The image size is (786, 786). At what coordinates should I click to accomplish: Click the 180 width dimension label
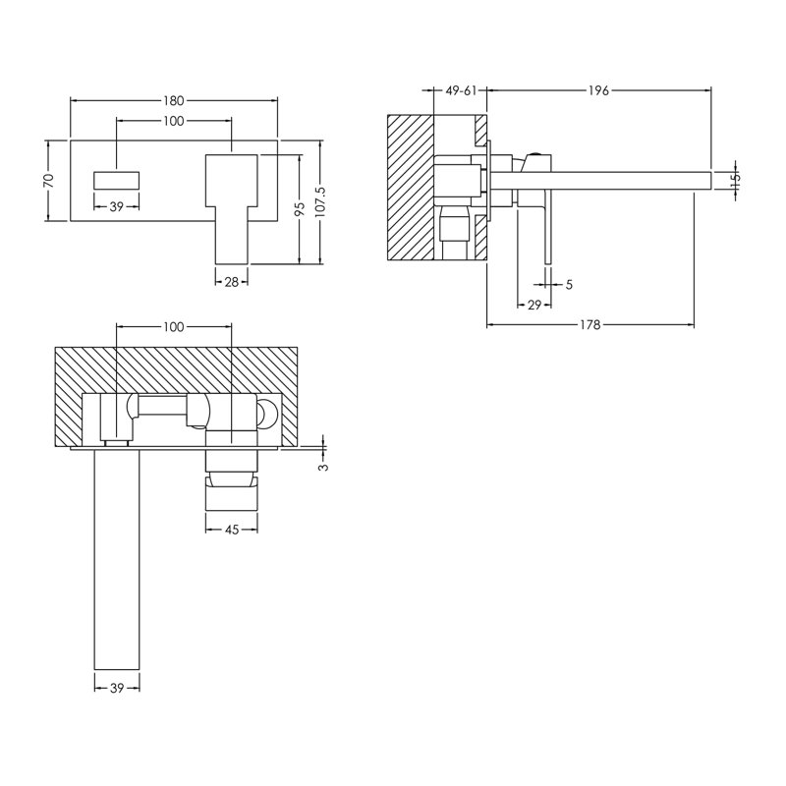coord(174,101)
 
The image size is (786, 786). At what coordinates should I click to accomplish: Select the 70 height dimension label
coord(48,181)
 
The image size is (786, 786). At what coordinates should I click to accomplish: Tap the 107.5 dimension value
coord(321,202)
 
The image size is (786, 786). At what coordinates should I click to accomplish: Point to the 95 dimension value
coord(300,208)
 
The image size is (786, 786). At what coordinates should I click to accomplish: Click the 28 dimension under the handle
coord(231,282)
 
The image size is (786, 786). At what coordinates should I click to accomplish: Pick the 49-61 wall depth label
coord(461,90)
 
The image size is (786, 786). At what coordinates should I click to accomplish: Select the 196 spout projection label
coord(598,90)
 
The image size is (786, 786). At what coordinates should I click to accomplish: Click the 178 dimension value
coord(590,325)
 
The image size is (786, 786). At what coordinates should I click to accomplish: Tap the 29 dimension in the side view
coord(534,305)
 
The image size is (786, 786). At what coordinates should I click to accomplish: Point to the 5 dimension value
coord(569,285)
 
